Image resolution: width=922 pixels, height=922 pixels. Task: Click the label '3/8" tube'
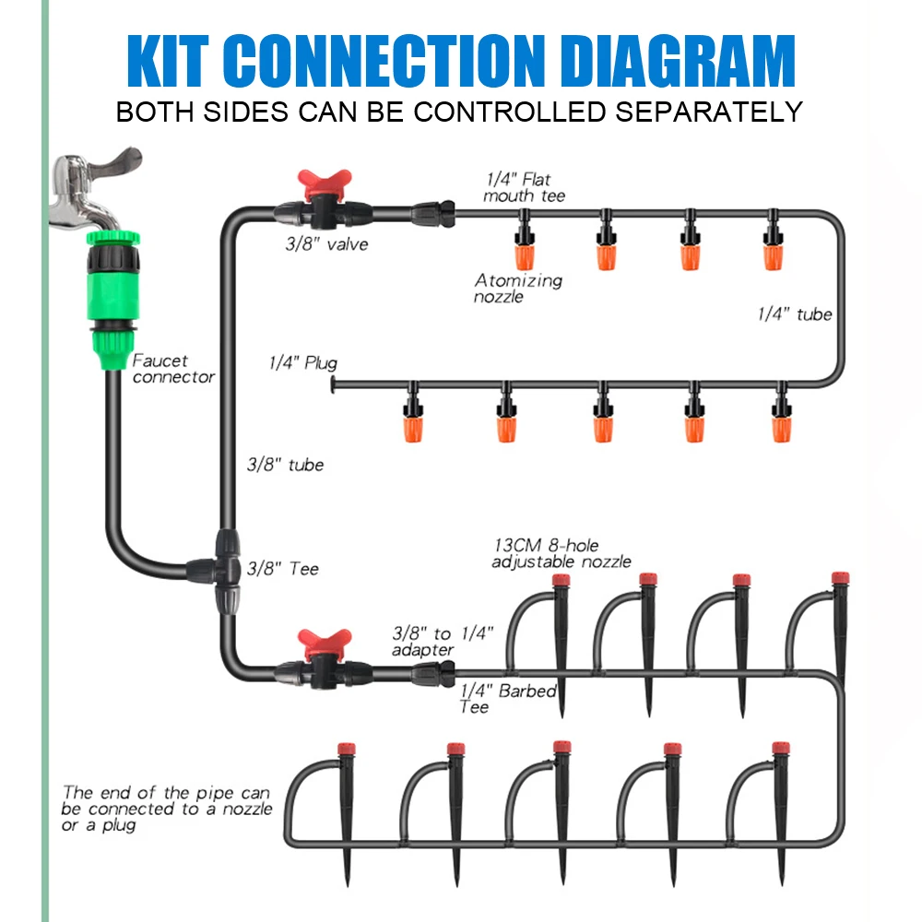click(286, 465)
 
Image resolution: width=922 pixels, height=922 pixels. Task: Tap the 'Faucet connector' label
click(172, 369)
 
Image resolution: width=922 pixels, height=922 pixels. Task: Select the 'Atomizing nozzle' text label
click(517, 288)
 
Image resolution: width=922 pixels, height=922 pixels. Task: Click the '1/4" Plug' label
click(303, 362)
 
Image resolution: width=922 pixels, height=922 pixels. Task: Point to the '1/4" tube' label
click(794, 314)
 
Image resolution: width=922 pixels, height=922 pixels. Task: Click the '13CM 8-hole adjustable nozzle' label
click(561, 554)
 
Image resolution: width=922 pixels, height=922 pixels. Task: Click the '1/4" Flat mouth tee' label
click(524, 187)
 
